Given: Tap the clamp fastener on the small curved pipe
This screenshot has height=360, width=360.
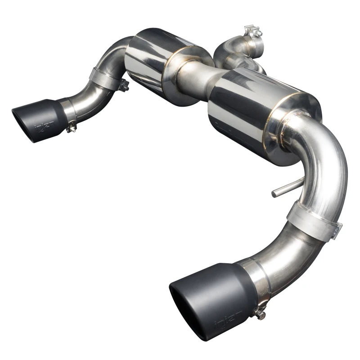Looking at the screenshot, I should click(x=124, y=85).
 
